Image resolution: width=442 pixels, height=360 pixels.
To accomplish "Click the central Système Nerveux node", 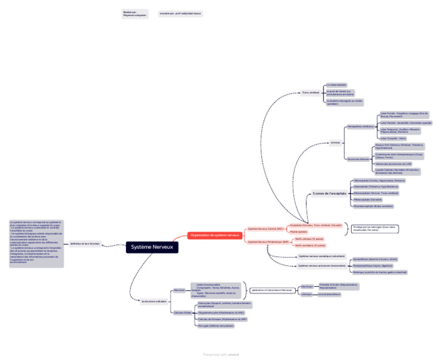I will point(153,247).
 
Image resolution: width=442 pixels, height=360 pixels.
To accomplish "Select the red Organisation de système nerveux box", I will point(215,235).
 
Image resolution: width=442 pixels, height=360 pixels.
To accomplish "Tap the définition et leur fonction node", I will point(85,244).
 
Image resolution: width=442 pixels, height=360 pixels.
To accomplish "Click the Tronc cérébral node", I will point(310,92).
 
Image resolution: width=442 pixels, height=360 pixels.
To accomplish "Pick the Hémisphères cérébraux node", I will point(360,126).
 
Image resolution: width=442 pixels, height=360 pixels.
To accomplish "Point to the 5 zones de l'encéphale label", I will point(329,194).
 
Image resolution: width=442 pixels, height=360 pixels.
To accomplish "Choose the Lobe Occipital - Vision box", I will point(393,138).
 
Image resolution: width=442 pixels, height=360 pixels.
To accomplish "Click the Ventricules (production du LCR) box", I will point(393,164).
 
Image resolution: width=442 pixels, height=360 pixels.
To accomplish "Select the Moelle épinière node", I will point(298,231).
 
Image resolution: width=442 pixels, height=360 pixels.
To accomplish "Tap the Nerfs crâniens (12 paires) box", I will point(310,238).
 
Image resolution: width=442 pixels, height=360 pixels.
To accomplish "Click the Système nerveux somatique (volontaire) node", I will point(321,256).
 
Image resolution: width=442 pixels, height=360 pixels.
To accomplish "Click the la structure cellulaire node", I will point(154,301).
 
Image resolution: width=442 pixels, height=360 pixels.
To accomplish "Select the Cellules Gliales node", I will point(182,312).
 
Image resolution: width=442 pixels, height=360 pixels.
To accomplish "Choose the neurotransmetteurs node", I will point(329,294).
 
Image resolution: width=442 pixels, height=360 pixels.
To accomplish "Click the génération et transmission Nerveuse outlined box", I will point(272,290).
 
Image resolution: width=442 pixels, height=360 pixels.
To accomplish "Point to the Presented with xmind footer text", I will point(220,354).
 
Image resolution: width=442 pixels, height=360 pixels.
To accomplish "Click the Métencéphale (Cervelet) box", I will point(368,199).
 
